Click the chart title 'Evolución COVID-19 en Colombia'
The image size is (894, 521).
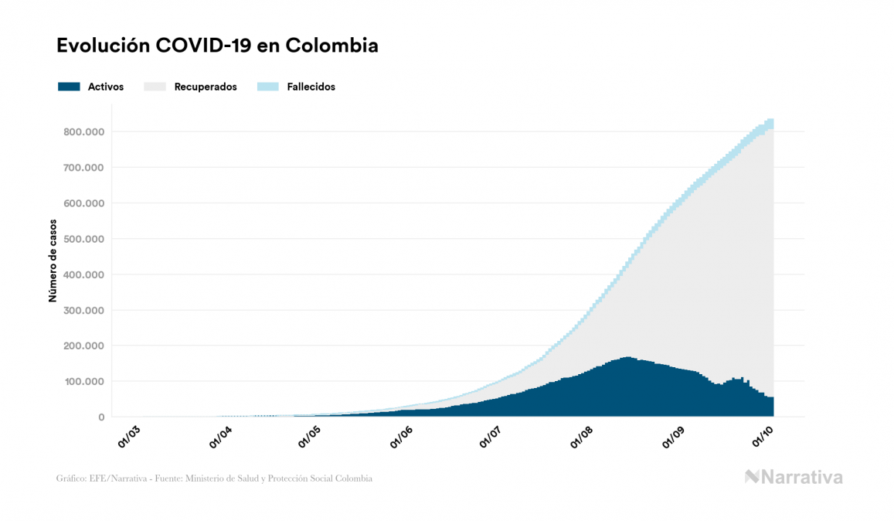click(x=217, y=46)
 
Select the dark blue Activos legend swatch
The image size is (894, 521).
click(x=69, y=87)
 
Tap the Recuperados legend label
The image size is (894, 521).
click(x=206, y=87)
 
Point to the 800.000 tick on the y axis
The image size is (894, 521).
click(x=84, y=132)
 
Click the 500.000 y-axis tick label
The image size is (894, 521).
click(x=84, y=239)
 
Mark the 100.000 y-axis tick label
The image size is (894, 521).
click(x=84, y=382)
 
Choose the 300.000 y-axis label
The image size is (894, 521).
click(x=84, y=311)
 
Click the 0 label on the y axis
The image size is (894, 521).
click(x=100, y=417)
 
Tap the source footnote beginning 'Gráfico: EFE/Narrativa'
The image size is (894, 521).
click(x=214, y=478)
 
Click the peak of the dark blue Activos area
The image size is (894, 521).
click(x=626, y=359)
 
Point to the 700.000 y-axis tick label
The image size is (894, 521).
click(x=84, y=168)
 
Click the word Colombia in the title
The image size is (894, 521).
click(x=331, y=46)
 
